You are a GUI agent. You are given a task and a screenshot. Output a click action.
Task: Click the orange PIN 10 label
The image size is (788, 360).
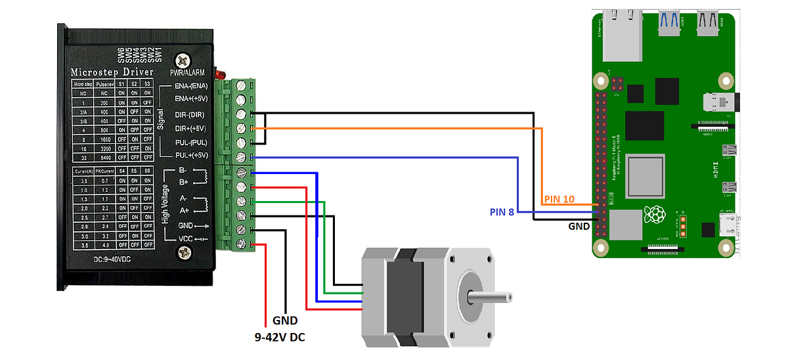(559, 198)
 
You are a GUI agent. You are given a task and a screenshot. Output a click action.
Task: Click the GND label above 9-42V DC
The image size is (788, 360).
(284, 321)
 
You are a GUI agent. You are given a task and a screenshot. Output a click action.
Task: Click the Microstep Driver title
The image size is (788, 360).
(112, 72)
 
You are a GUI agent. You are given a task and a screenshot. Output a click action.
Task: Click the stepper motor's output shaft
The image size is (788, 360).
(489, 298)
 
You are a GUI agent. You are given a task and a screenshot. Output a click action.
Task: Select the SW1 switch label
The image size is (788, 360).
(159, 56)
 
